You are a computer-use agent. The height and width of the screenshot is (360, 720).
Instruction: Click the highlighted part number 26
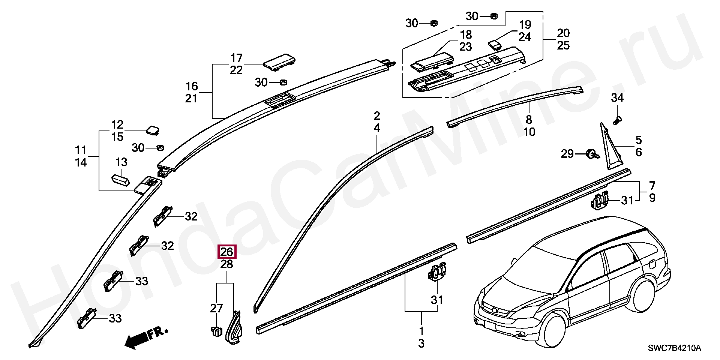click(x=226, y=252)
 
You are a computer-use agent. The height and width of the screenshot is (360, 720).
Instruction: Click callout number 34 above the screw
click(x=617, y=98)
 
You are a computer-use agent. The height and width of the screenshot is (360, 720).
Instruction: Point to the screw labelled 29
click(x=592, y=154)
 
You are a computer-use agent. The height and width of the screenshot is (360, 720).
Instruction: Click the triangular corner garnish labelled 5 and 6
click(x=610, y=150)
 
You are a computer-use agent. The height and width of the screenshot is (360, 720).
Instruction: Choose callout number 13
click(x=121, y=162)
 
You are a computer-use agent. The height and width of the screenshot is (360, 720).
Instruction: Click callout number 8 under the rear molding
click(x=529, y=120)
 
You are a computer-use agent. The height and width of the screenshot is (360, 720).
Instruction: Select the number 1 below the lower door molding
click(x=421, y=331)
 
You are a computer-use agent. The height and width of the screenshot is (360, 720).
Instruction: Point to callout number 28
click(x=226, y=264)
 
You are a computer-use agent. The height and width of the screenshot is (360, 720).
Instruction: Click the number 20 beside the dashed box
click(x=563, y=33)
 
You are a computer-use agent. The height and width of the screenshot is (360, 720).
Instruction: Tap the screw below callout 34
click(x=617, y=121)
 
